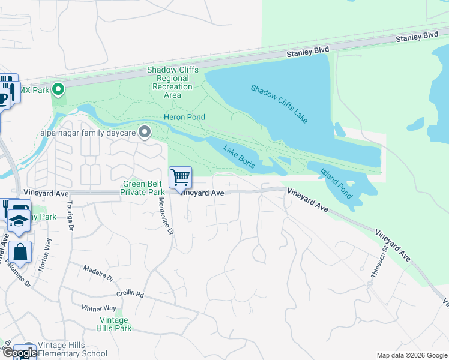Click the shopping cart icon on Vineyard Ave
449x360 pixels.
point(180,177)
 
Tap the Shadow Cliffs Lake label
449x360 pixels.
point(279,104)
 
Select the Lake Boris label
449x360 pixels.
point(240,156)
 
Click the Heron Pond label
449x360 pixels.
point(184,117)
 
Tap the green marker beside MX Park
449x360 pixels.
point(58,90)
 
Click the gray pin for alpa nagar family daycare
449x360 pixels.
point(144,131)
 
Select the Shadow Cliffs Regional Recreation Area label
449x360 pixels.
point(173,82)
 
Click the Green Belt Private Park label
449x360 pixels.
point(143,188)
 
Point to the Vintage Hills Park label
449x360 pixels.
point(114,324)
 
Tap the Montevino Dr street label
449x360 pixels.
point(166,215)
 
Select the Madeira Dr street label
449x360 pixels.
point(98,273)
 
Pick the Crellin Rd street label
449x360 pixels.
point(131,294)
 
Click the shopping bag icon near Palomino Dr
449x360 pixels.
point(20,253)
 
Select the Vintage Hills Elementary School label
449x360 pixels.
point(72,350)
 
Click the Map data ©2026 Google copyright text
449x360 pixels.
point(411,355)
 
